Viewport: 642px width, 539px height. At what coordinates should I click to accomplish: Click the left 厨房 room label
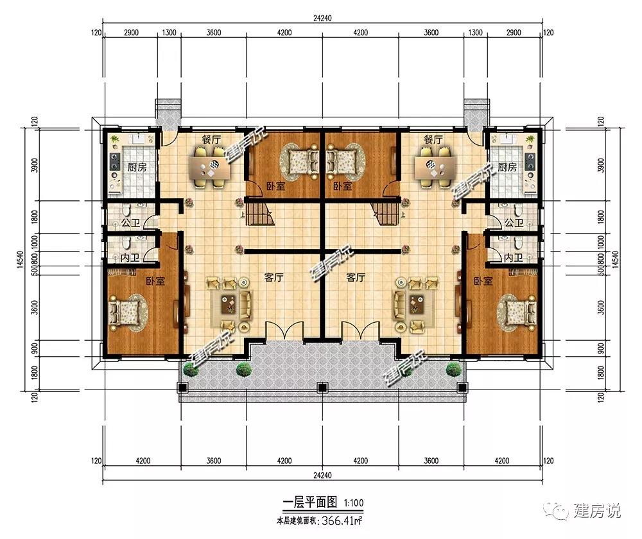[137, 167]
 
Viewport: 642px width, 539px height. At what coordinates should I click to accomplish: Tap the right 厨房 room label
[507, 167]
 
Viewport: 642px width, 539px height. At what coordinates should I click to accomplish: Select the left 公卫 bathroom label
[130, 223]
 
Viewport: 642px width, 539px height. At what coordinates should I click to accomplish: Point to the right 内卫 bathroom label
[514, 257]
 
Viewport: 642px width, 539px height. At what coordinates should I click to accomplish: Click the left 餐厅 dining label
[211, 139]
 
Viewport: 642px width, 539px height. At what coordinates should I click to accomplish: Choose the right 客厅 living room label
[356, 277]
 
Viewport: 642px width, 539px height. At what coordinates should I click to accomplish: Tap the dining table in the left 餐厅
[210, 167]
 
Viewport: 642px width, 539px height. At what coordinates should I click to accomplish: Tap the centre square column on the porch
[322, 387]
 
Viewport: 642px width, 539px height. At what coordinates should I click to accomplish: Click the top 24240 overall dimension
[322, 19]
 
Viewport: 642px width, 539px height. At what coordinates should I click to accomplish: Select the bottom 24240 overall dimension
[322, 475]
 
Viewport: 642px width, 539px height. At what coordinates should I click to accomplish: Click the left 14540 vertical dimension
[21, 259]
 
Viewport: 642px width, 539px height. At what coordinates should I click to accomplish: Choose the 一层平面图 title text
[310, 502]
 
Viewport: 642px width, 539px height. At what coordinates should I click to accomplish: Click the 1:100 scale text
[354, 502]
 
